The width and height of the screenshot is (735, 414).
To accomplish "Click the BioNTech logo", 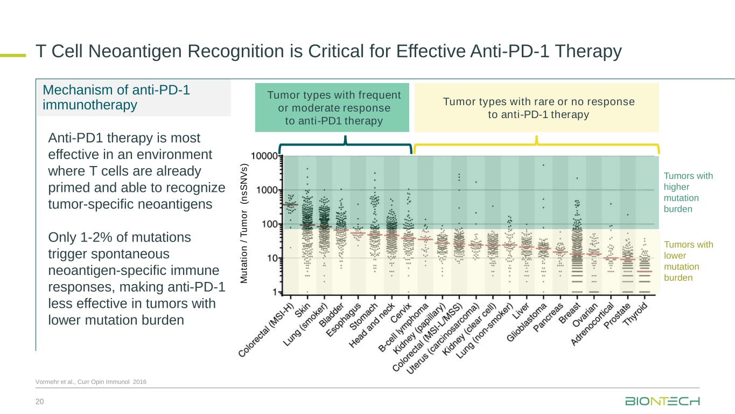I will [662, 402].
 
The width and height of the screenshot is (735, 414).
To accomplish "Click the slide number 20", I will [39, 401].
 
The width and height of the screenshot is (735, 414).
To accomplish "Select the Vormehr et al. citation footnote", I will [91, 382].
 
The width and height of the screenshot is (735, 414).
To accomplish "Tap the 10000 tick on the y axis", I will [266, 156].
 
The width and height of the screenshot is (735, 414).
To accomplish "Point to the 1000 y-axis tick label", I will [268, 190].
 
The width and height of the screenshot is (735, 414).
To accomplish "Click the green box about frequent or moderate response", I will [332, 108].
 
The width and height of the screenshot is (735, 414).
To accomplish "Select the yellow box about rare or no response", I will [536, 108].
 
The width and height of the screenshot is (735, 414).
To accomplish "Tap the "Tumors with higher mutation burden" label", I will [688, 192].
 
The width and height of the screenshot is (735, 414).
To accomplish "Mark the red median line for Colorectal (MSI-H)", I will [291, 205].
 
